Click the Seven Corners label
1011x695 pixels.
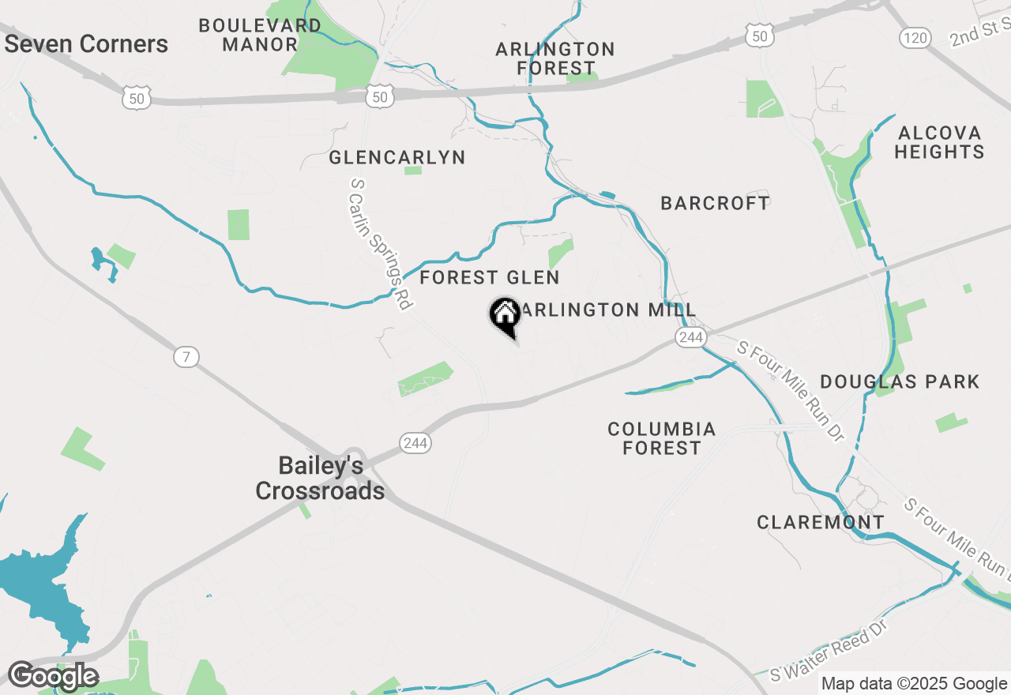86,44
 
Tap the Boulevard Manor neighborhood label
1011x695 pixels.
260,36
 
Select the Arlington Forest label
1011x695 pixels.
555,59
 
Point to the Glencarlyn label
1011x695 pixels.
397,158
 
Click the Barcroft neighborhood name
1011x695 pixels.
715,204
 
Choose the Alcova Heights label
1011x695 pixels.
939,142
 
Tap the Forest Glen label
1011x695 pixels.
490,278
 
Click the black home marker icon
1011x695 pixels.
505,316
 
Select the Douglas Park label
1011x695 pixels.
900,382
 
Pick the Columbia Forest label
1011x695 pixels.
662,438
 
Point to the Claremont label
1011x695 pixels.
821,523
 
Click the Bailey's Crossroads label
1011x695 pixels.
320,479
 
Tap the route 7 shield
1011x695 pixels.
186,357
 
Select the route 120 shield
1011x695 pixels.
916,37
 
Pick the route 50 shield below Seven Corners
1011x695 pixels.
136,98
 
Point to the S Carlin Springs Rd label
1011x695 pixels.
381,243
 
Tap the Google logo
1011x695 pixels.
53,677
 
